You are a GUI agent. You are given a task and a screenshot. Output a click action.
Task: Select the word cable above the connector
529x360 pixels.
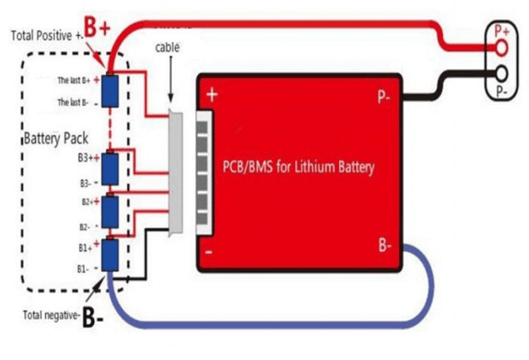[167, 47]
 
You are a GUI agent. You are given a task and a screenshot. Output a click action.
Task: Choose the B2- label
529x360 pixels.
[85, 227]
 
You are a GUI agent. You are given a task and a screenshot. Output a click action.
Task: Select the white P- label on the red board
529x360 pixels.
[385, 96]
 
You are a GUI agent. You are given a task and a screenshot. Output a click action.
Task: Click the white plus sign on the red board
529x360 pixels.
[212, 95]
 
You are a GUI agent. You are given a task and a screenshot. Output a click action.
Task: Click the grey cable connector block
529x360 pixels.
[177, 172]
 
